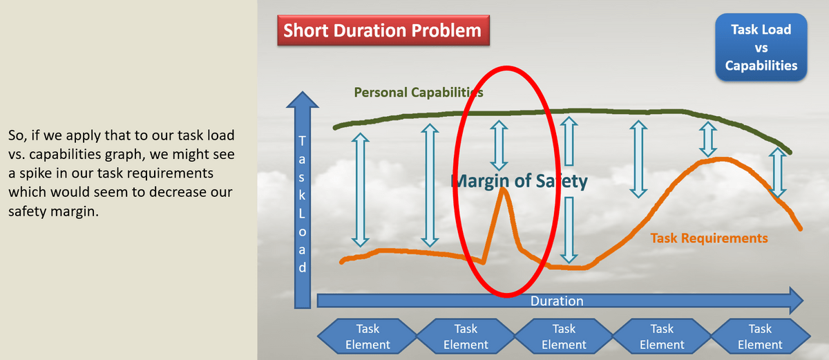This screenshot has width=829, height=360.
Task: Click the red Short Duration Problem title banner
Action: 383,30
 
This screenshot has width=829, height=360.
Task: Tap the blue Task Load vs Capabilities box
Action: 761,48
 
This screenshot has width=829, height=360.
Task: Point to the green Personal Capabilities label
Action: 419,93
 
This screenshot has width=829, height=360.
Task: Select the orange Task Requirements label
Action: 709,238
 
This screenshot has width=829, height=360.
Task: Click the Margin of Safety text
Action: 519,181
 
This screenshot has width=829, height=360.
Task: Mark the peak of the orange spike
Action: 504,189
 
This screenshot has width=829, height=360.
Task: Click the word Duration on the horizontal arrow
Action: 557,301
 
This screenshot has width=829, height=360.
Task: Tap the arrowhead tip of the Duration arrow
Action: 803,301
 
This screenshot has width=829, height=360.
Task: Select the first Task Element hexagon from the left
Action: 368,337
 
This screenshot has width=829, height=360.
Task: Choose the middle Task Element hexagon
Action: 564,337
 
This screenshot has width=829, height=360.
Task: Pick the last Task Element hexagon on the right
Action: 760,337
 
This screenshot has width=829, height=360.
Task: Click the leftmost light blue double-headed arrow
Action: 360,190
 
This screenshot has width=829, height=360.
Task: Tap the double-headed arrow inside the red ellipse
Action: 499,145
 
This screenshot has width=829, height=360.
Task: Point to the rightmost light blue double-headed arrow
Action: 778,173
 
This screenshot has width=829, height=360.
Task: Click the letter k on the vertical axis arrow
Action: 303,195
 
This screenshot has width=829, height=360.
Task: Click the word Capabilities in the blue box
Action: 761,66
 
